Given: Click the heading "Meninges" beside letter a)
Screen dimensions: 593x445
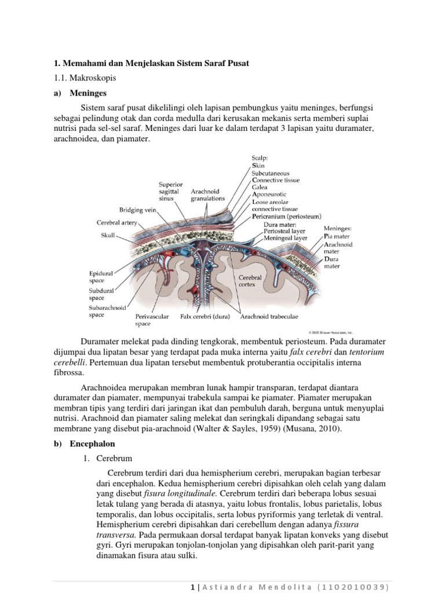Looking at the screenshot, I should click(x=88, y=93).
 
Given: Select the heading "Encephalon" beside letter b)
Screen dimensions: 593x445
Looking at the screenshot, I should click(x=93, y=444).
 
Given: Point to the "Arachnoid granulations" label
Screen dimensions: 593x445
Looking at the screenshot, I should click(x=207, y=194).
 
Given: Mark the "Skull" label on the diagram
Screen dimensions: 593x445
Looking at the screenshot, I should click(x=107, y=235).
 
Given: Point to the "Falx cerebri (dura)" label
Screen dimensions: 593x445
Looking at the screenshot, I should click(x=205, y=317).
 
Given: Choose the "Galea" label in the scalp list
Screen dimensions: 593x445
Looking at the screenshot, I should click(x=261, y=188).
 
